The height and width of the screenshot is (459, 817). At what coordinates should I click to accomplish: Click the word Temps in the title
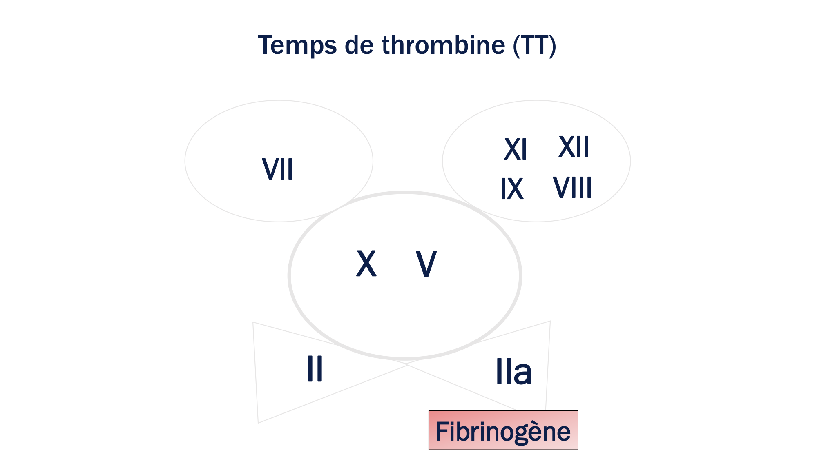pos(297,45)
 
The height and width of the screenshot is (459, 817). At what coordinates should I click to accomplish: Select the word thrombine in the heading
pos(443,45)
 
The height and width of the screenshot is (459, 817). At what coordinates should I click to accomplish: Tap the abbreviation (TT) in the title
pos(535,45)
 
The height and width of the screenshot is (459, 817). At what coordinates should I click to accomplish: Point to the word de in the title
pos(359,45)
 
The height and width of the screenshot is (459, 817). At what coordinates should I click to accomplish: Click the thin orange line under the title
pos(403,67)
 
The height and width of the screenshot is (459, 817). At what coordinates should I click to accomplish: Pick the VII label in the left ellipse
pos(278,169)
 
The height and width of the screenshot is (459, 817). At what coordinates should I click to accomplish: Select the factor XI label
pos(516,149)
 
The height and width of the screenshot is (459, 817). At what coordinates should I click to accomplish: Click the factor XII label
pos(574,147)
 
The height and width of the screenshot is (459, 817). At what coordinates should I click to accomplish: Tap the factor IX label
pos(512,189)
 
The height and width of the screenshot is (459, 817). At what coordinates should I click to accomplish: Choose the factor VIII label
pos(572,188)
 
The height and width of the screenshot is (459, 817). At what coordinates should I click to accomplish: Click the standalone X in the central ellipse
pos(366,264)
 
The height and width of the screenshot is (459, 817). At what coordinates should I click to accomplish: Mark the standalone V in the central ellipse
pos(426,264)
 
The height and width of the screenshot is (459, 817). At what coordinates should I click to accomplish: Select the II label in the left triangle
pos(315,368)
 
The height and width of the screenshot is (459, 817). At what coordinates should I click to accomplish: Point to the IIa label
pos(513,372)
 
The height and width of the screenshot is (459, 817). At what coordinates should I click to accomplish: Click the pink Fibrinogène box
pos(503,430)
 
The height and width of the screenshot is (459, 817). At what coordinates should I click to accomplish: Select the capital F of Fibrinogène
pos(442,431)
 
